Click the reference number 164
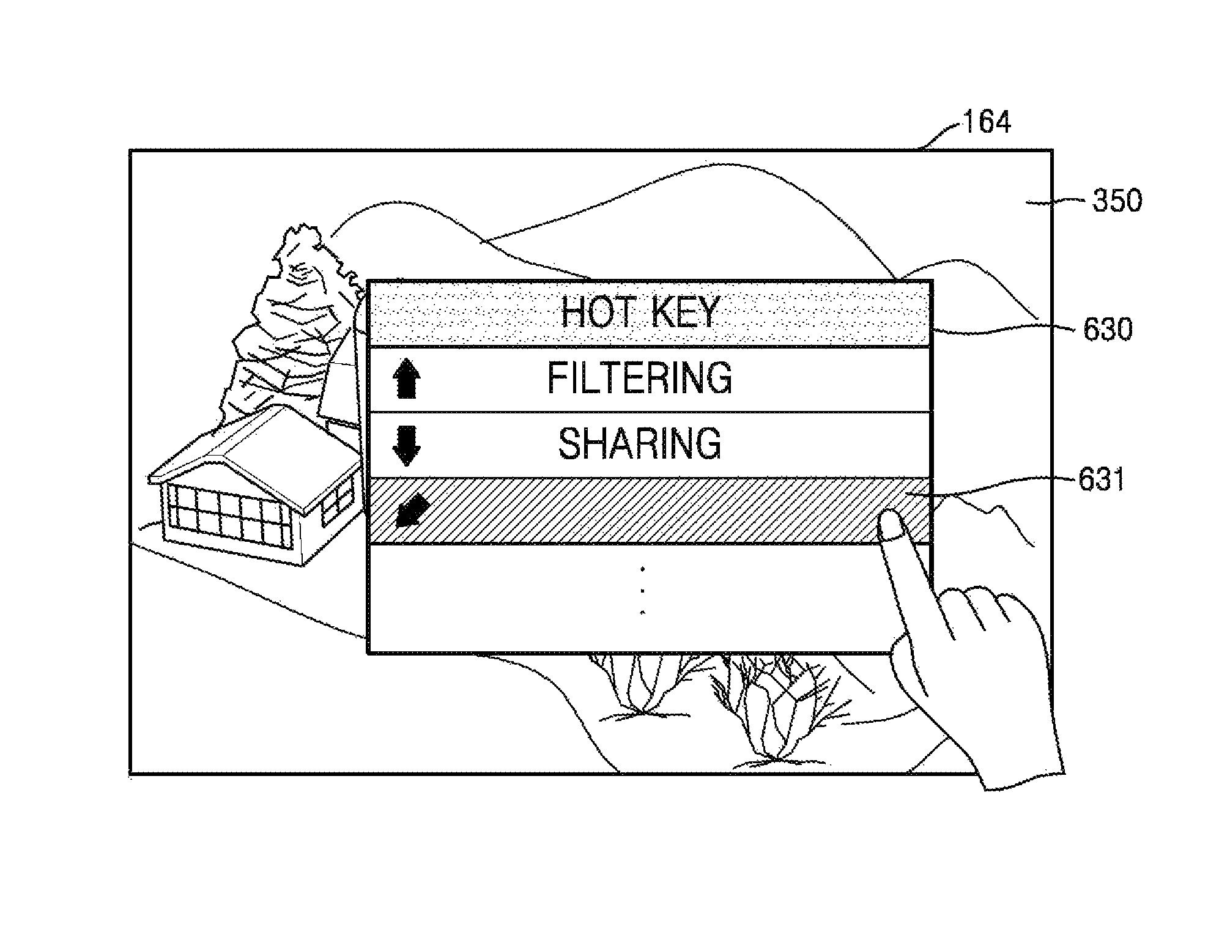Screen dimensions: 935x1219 (x=986, y=122)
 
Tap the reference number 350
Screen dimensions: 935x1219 (x=1117, y=201)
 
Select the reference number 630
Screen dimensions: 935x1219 (x=1107, y=330)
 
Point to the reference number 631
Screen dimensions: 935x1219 (x=1101, y=481)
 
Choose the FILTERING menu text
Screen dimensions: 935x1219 (x=639, y=378)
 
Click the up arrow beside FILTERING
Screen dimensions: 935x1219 (x=406, y=379)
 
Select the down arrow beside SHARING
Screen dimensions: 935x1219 (x=406, y=446)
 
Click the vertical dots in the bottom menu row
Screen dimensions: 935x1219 (x=642, y=591)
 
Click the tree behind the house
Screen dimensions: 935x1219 (x=294, y=324)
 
